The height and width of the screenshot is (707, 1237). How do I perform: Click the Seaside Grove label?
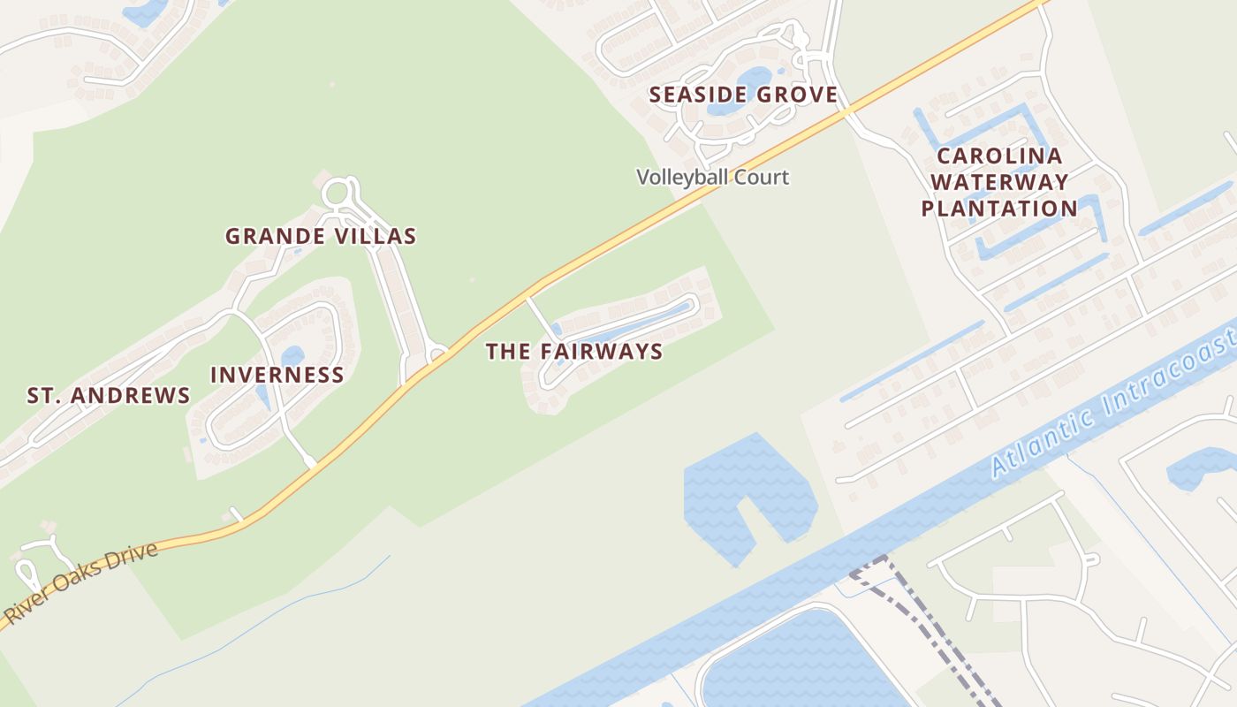tap(743, 95)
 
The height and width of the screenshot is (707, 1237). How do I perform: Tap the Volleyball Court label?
tap(712, 177)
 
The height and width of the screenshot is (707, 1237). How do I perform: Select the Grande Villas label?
tap(320, 236)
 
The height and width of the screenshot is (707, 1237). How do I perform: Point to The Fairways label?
tap(574, 351)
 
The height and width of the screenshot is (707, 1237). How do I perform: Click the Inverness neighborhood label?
tap(277, 375)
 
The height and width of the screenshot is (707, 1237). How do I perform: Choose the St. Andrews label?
tap(108, 395)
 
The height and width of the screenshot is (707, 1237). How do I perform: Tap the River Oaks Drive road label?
tap(81, 584)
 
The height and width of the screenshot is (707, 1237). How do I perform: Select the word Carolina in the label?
tap(998, 156)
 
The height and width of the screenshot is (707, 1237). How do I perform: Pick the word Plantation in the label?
tap(998, 209)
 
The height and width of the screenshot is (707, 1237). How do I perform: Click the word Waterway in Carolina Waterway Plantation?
tap(998, 183)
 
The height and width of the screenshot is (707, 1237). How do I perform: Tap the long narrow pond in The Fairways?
tap(636, 324)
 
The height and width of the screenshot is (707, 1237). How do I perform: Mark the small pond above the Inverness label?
tap(292, 355)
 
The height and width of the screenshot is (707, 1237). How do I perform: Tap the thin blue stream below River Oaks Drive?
tap(265, 619)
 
